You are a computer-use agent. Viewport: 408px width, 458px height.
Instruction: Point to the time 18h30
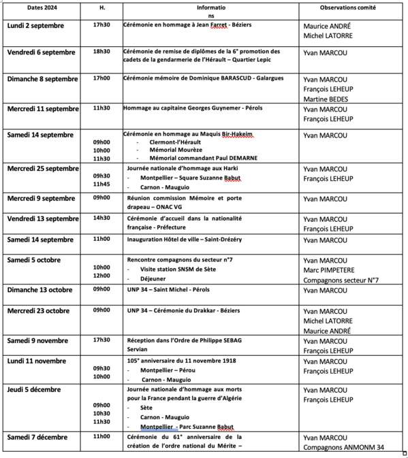click(101, 52)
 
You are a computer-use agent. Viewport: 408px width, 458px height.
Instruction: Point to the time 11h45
click(101, 184)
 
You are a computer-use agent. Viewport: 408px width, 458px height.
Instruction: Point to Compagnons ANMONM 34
click(343, 447)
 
